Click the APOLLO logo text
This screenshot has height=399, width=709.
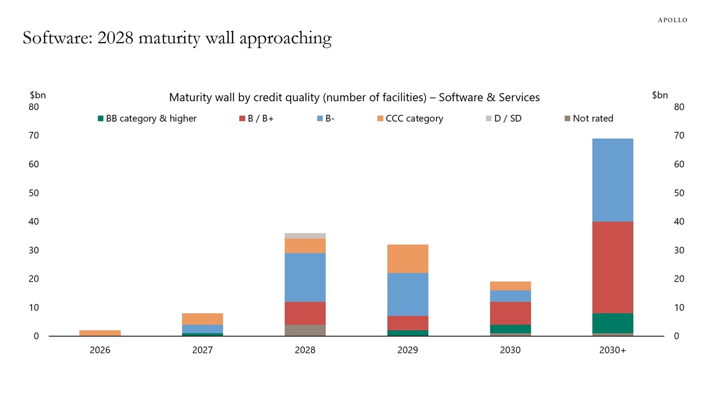672,20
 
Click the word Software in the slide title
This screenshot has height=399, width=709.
52,38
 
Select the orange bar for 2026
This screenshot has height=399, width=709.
100,332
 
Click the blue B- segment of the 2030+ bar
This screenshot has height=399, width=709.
613,180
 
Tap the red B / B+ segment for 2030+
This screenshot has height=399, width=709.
613,267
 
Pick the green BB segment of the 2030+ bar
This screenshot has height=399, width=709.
613,323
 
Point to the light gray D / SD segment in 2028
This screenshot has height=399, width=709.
305,236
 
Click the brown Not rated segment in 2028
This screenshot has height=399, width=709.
305,330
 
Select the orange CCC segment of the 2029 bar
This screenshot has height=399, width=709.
408,258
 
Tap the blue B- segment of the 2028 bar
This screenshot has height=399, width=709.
305,277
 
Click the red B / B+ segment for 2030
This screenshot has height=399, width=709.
510,313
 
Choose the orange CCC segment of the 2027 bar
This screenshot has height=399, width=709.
202,318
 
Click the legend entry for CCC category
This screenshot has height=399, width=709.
410,118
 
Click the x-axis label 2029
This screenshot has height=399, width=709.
408,350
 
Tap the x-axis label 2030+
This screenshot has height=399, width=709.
613,350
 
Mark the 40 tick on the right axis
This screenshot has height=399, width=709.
679,221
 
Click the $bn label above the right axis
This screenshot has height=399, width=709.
660,95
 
